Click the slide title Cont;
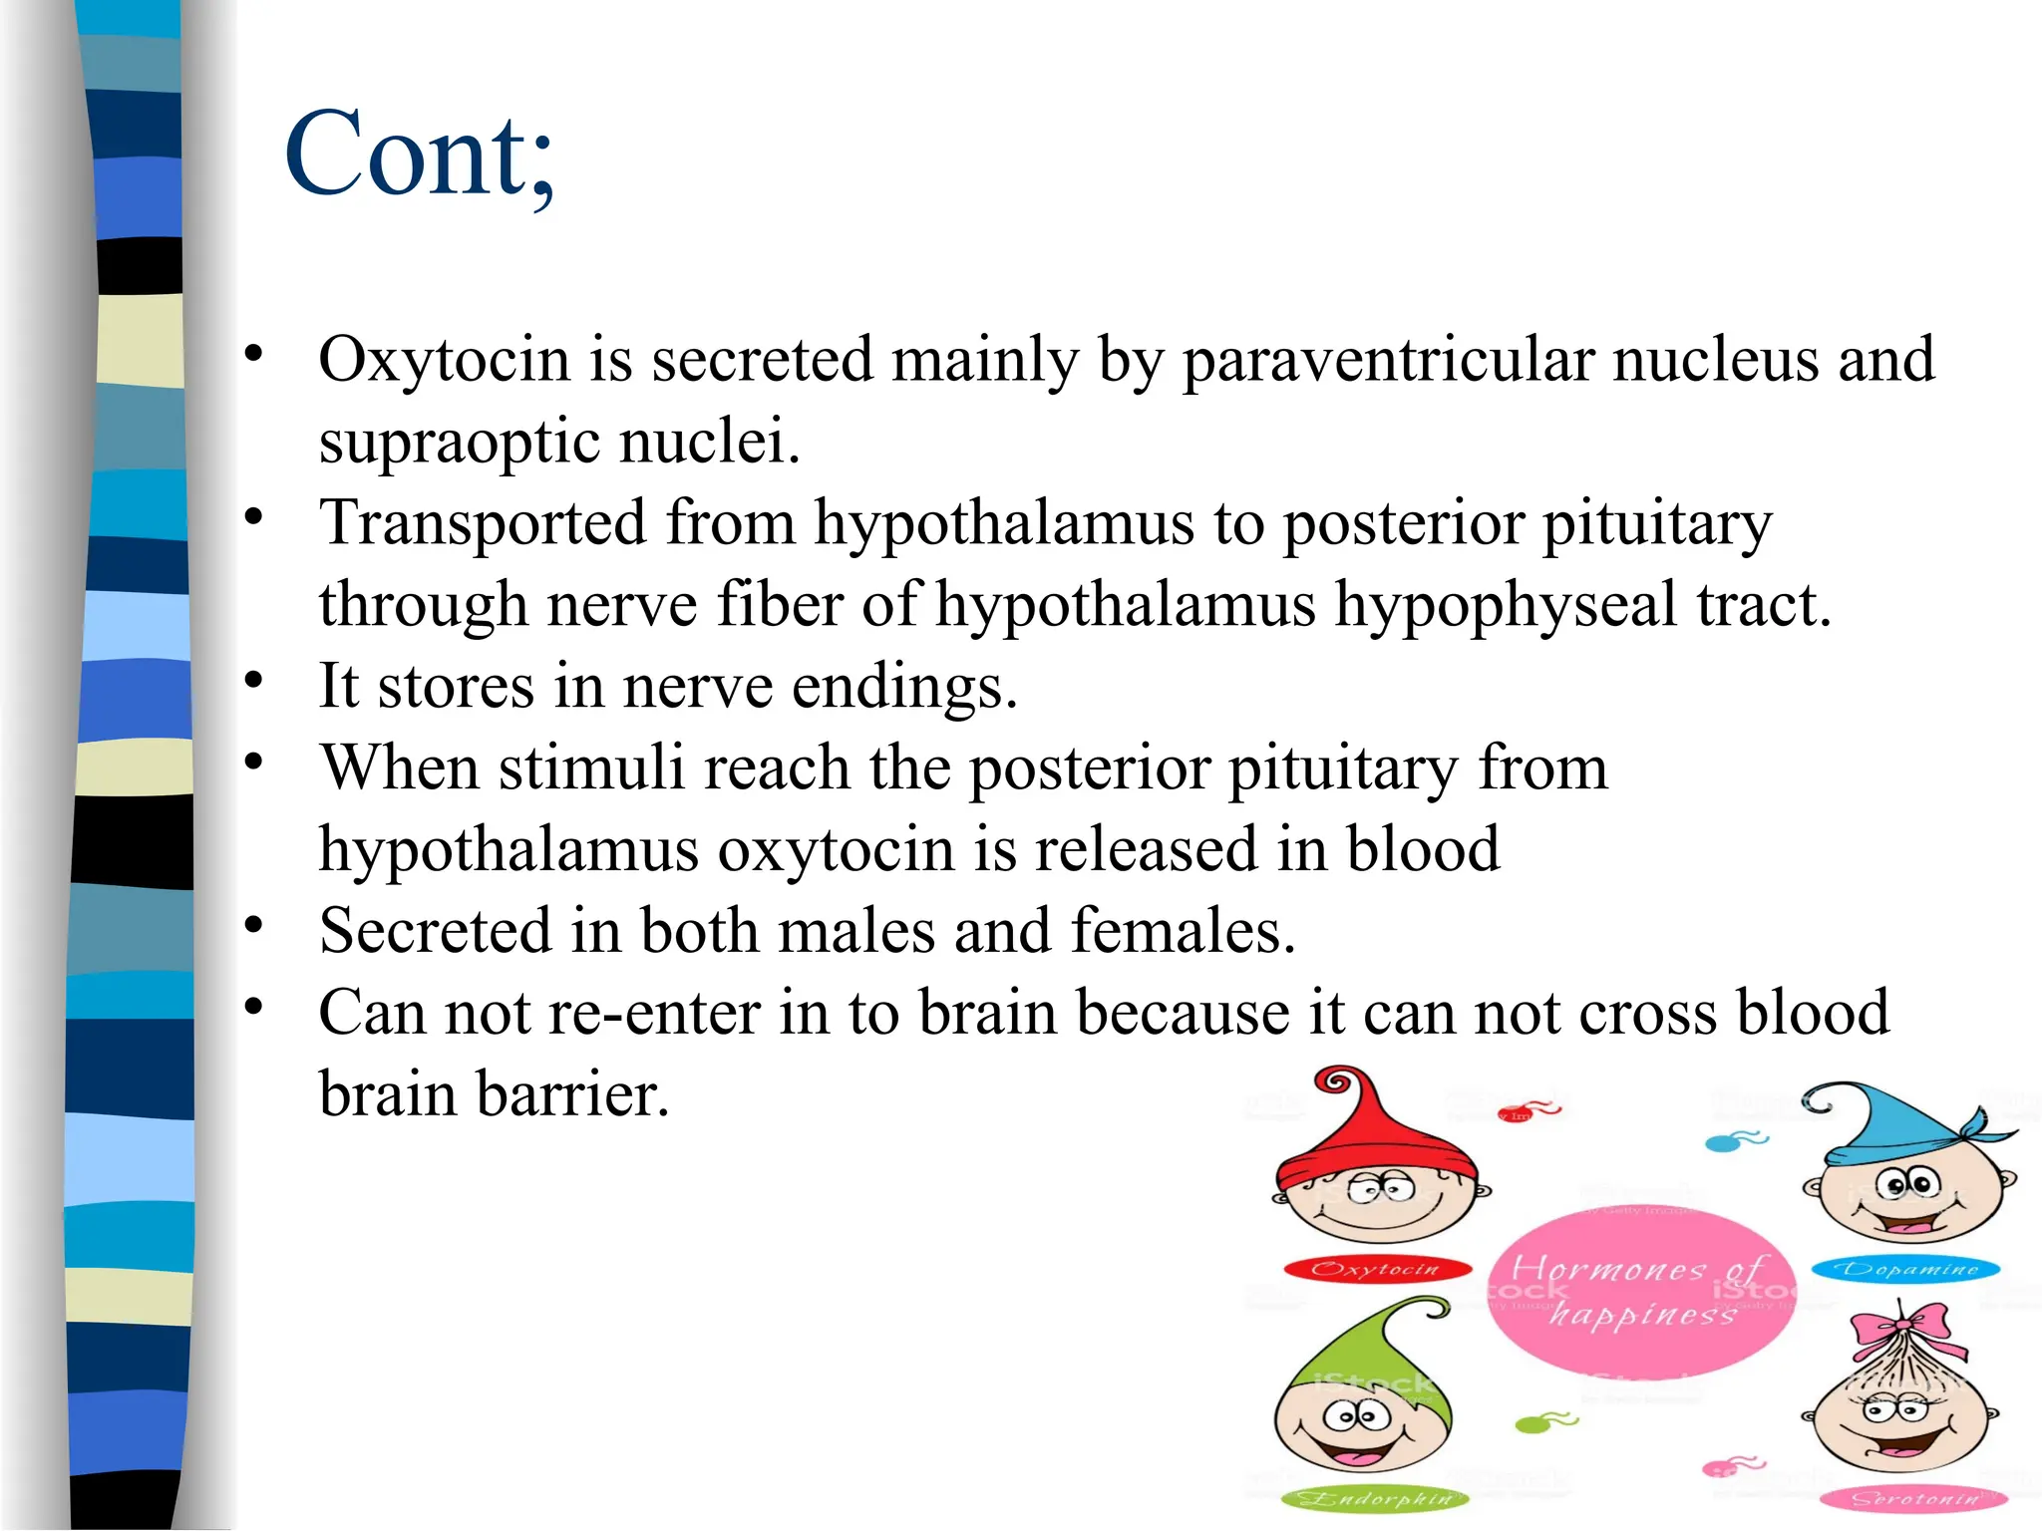coord(419,154)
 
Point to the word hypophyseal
coord(1506,605)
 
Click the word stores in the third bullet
coord(456,687)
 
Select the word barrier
coord(572,1094)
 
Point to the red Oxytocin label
coord(1377,1269)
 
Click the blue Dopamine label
coord(1905,1269)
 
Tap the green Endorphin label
coord(1376,1498)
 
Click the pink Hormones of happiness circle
coord(1640,1291)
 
